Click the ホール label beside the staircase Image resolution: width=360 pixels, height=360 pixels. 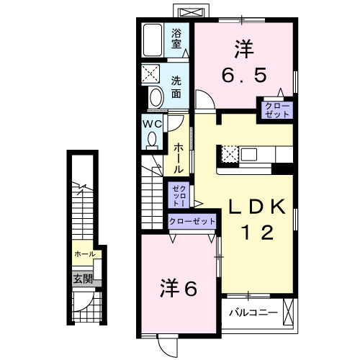click(x=176, y=157)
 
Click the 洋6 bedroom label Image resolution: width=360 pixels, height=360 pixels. click(x=178, y=289)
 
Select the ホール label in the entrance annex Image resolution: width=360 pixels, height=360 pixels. click(x=84, y=254)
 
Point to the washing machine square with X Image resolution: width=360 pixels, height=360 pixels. click(x=153, y=74)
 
